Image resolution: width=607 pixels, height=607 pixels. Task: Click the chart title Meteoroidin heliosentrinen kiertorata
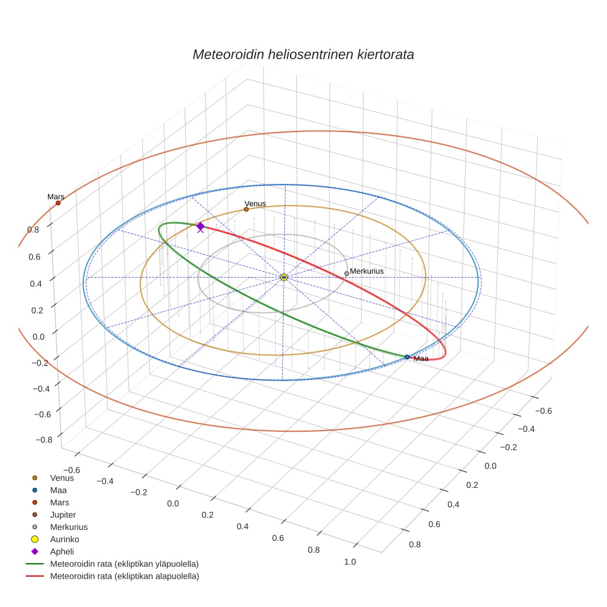(x=303, y=54)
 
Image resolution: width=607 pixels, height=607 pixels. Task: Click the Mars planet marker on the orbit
(x=58, y=203)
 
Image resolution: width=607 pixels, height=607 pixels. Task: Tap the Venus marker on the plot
(x=246, y=209)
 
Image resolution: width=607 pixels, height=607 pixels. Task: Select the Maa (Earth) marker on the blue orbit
(x=407, y=357)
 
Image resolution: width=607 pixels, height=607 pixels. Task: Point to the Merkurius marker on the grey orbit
(x=347, y=273)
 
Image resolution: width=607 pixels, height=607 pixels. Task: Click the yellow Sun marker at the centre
(x=284, y=278)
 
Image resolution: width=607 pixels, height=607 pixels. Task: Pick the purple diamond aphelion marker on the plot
(x=200, y=226)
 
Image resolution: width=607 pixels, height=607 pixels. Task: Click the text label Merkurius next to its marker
(x=367, y=271)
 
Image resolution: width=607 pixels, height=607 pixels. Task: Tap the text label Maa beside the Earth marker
(x=421, y=358)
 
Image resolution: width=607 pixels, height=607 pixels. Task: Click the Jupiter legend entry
(x=63, y=514)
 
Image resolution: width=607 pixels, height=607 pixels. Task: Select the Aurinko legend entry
(x=64, y=539)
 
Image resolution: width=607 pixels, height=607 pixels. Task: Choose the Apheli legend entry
(x=62, y=551)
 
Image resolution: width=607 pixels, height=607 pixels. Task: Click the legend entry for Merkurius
(x=68, y=527)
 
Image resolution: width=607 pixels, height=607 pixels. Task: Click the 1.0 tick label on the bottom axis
(x=350, y=561)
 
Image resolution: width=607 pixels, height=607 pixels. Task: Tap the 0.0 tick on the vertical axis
(x=38, y=336)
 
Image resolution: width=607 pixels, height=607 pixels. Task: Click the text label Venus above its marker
(x=255, y=204)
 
